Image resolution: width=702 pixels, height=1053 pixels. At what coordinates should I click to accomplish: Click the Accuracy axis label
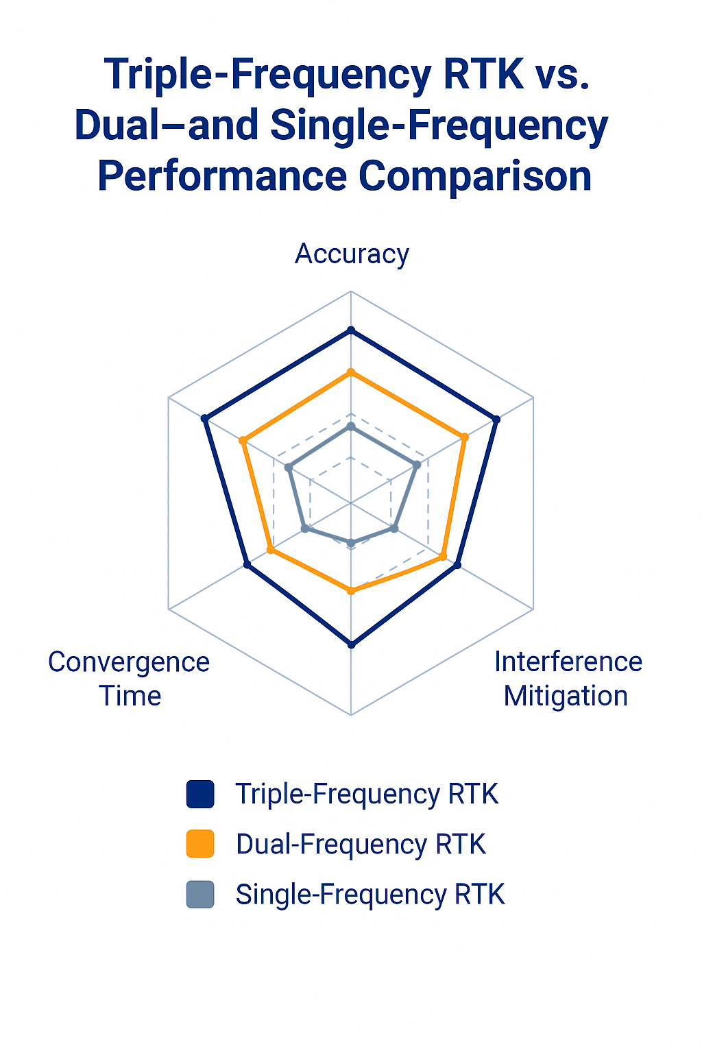(352, 254)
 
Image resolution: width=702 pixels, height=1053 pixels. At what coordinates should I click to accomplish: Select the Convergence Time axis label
(129, 679)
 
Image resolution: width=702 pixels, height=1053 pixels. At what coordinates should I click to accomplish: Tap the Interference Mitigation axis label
(568, 679)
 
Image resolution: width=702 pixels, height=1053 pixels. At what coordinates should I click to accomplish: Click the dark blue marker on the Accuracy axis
(350, 330)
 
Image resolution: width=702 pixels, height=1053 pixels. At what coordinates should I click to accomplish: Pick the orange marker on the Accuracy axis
(350, 372)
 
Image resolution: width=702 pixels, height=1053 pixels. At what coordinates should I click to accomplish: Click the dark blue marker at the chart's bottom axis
(351, 644)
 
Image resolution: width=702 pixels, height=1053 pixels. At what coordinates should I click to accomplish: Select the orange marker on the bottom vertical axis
(351, 591)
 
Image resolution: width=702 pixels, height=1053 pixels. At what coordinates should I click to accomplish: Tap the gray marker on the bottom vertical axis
(351, 544)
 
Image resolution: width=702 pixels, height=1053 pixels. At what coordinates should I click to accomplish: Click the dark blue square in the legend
(200, 794)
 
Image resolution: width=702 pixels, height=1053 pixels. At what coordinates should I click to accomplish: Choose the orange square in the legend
(200, 844)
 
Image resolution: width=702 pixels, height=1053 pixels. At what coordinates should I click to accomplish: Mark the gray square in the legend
(200, 894)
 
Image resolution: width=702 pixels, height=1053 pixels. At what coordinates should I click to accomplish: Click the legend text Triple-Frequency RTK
(367, 795)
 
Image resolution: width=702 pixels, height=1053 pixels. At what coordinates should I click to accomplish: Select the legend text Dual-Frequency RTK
(361, 845)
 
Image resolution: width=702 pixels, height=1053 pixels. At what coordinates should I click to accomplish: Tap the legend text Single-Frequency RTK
(370, 894)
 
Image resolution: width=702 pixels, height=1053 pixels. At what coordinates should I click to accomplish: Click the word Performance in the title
(222, 175)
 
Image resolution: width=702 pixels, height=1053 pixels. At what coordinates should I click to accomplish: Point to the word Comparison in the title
(475, 175)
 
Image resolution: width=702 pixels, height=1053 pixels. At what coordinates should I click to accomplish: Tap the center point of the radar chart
(351, 503)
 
